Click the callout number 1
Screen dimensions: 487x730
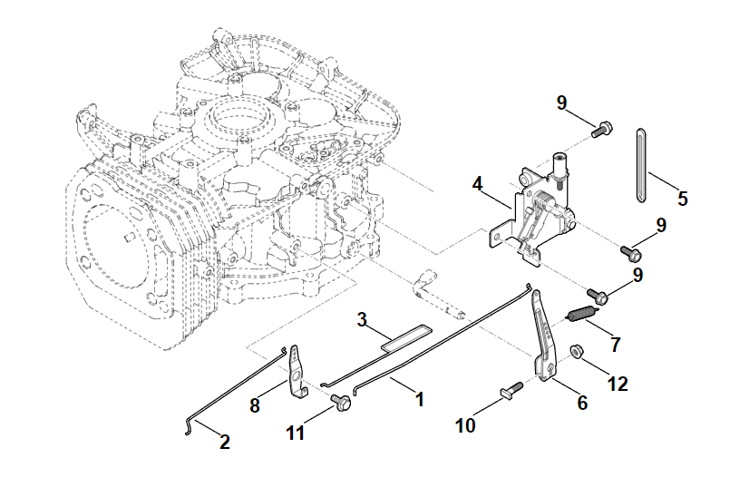(419, 398)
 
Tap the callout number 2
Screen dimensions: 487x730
(224, 443)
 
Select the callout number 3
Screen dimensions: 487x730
(361, 319)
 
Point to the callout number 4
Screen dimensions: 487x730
(477, 184)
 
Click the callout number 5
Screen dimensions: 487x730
(683, 197)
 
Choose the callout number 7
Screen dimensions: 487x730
(616, 346)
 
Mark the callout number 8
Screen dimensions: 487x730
(255, 406)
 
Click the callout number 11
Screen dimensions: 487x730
(294, 433)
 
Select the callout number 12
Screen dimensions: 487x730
(617, 385)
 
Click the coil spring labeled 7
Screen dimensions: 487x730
(580, 316)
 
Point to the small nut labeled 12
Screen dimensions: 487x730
(575, 349)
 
